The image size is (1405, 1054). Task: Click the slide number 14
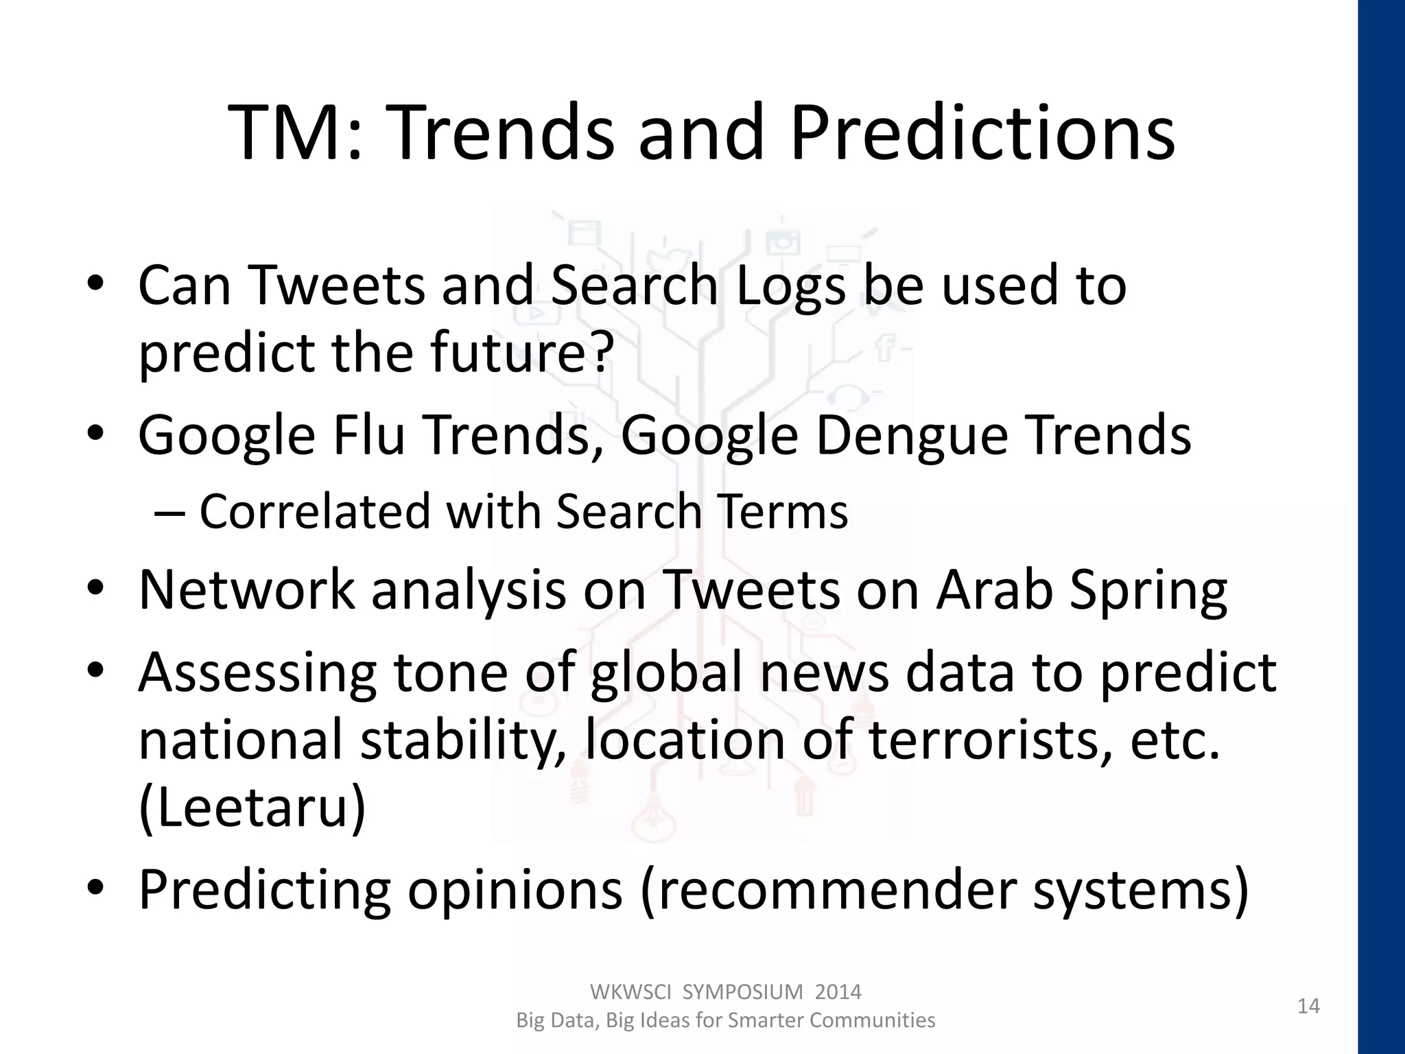coord(1308,1006)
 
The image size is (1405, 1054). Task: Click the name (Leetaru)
coord(252,808)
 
